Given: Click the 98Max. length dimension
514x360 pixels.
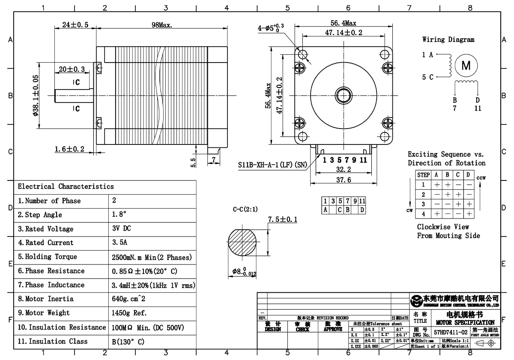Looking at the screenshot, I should [x=162, y=25].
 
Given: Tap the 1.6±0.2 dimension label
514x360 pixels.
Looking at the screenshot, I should [x=69, y=149].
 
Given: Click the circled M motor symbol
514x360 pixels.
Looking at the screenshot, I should [x=466, y=66].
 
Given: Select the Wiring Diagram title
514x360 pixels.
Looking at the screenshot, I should [x=448, y=40].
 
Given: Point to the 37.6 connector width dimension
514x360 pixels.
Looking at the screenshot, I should [x=344, y=180].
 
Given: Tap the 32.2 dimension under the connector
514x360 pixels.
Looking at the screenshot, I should [x=344, y=170].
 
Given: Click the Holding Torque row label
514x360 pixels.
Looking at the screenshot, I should [x=48, y=257].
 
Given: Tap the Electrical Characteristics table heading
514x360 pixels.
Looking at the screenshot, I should [x=66, y=186].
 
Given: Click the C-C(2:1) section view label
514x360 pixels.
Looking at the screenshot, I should [x=245, y=210].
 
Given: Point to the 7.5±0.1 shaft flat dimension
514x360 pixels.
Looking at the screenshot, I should [x=282, y=220].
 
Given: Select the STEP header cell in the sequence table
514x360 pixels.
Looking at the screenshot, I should [x=423, y=175].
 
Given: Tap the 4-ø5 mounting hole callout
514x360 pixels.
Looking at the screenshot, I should [x=271, y=28].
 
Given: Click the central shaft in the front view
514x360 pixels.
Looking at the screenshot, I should [x=344, y=94].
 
